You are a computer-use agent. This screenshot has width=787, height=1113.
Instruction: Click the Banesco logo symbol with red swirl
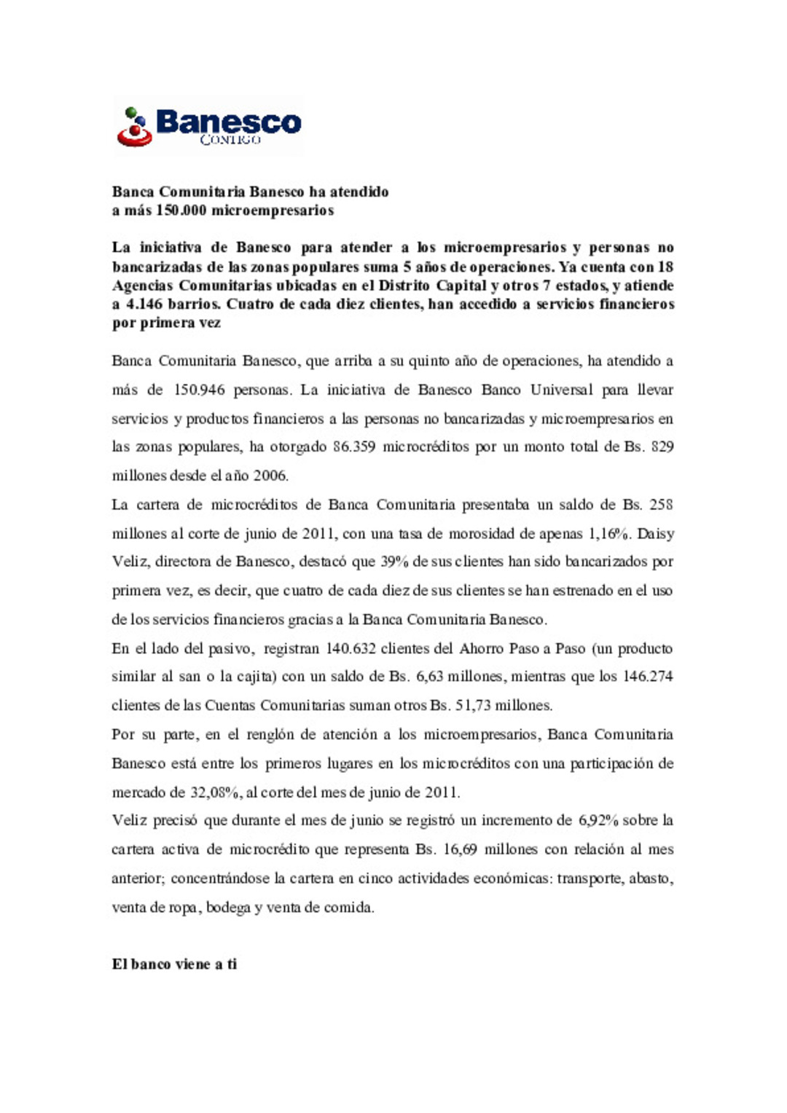click(x=134, y=127)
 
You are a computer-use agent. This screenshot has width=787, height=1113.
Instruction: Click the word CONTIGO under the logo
click(x=230, y=139)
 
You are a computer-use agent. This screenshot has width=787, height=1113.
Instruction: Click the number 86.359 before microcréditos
click(x=354, y=447)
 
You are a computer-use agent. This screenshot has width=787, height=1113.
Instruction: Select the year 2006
click(x=270, y=476)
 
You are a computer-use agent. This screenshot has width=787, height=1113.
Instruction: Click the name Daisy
click(x=655, y=533)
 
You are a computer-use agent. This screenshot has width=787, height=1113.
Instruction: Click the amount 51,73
click(x=472, y=705)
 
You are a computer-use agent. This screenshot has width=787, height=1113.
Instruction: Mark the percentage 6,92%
click(x=598, y=820)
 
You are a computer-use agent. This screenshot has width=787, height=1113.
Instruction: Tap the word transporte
click(x=590, y=878)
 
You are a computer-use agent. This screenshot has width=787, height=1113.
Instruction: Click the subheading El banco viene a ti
click(x=174, y=964)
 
